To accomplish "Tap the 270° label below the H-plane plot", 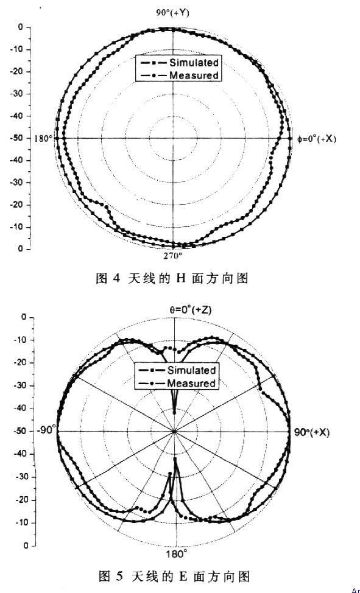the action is pyautogui.click(x=174, y=256).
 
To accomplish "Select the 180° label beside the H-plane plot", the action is pyautogui.click(x=43, y=138).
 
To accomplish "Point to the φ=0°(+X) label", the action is pyautogui.click(x=317, y=139).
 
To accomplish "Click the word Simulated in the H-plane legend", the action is pyautogui.click(x=194, y=62).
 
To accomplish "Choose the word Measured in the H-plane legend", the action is pyautogui.click(x=194, y=75).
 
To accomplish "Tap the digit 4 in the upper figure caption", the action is pyautogui.click(x=116, y=279).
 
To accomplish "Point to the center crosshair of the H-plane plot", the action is pyautogui.click(x=173, y=138).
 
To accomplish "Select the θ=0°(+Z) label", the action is pyautogui.click(x=190, y=310).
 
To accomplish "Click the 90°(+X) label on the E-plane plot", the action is pyautogui.click(x=312, y=432).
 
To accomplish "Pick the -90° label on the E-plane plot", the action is pyautogui.click(x=46, y=430).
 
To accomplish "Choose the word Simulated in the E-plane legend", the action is pyautogui.click(x=191, y=370).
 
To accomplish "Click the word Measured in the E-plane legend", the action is pyautogui.click(x=191, y=383).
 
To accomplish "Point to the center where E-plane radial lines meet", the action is pyautogui.click(x=174, y=431).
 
